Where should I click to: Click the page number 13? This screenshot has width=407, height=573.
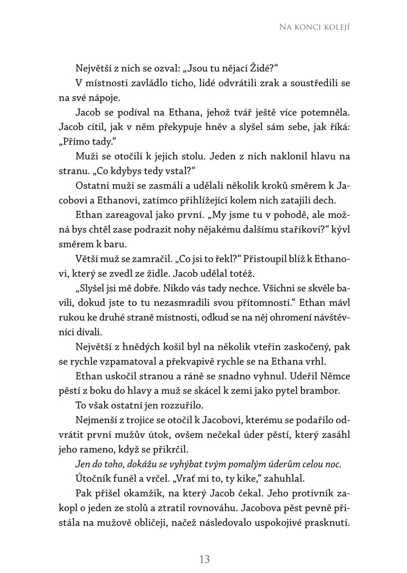(x=204, y=559)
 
